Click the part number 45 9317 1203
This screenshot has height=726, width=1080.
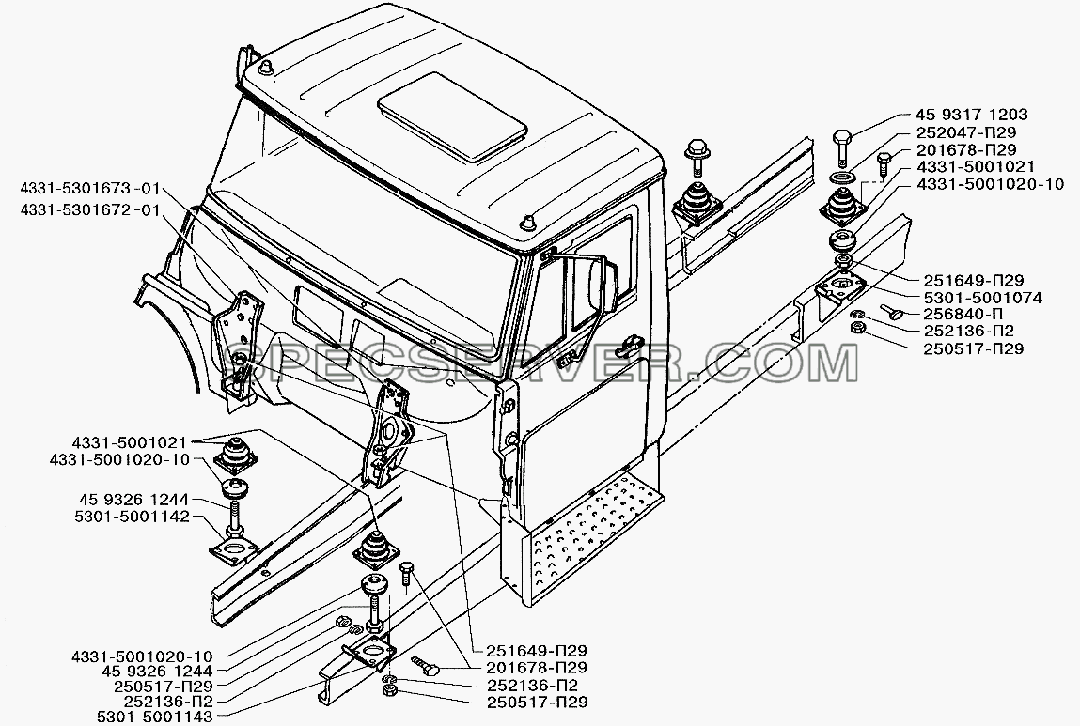pos(971,115)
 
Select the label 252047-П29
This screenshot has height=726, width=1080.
pos(966,132)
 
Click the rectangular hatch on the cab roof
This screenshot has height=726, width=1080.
pos(452,117)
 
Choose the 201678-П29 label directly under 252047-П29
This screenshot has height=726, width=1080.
pos(966,149)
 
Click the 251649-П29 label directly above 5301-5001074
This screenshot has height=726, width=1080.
pos(973,280)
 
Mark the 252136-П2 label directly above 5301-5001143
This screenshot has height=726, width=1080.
pos(168,702)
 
